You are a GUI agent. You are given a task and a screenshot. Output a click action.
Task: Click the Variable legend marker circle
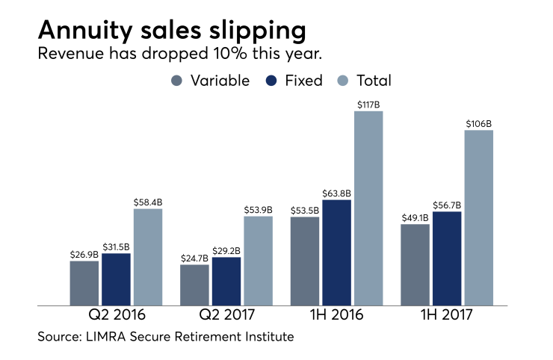point(177,81)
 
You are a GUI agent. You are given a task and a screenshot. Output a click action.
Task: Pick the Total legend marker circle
point(342,81)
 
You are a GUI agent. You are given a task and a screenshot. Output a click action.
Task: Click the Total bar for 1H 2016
point(368,208)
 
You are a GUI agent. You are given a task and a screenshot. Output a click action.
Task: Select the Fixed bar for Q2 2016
point(116,279)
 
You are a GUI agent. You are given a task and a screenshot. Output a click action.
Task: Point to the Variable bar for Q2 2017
point(194,285)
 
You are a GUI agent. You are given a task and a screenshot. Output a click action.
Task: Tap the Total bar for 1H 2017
point(479,217)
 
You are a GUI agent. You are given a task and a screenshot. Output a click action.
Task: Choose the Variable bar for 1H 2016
point(304,261)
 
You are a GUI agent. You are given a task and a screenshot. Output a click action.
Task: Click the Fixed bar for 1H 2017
point(447,258)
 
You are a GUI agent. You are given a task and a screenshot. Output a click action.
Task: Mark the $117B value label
point(368,105)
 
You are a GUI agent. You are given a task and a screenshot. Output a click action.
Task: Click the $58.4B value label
point(148,202)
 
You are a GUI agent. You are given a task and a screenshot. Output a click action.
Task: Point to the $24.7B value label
point(194,258)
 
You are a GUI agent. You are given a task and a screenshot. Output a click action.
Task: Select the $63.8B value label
point(336,193)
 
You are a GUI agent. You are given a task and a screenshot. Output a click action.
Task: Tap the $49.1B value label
point(415,217)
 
